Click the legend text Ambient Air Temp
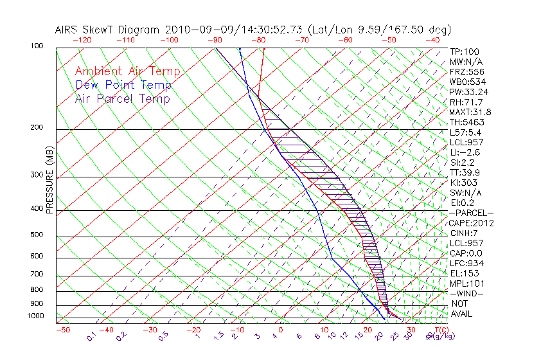(127, 71)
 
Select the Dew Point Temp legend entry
(123, 85)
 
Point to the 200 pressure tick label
(37, 128)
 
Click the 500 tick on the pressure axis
(37, 235)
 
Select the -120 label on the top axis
(82, 40)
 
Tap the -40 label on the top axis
(432, 40)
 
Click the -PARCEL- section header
(471, 213)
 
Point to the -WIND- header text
(466, 293)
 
